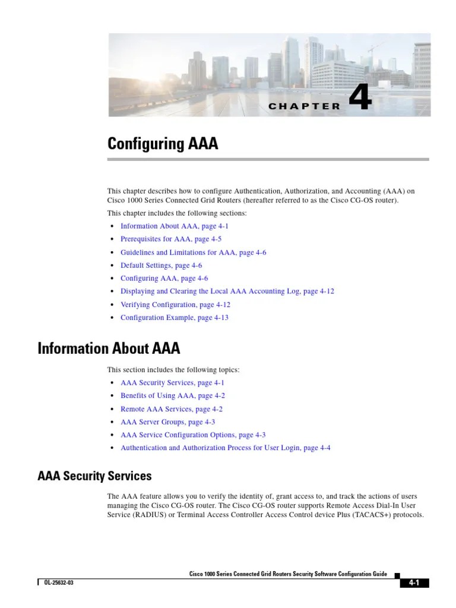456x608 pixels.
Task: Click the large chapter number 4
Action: tap(360, 98)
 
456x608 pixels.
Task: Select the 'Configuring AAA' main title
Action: tap(162, 144)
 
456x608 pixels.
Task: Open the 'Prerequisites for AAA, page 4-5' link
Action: tap(164, 239)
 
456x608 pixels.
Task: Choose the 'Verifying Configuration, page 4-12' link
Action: tap(175, 305)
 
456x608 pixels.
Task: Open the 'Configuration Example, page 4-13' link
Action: tap(174, 318)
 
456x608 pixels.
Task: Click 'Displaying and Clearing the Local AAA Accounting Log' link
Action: tap(227, 292)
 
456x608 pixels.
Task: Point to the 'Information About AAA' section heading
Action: tap(109, 348)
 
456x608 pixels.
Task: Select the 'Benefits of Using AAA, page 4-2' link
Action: tap(172, 395)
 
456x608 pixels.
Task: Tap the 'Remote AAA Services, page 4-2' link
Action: tap(171, 409)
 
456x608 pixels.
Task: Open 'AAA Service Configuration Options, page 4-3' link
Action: tap(192, 435)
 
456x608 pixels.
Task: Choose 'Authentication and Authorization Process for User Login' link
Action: tap(225, 448)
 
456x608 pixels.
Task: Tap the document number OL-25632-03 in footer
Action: tap(58, 582)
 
